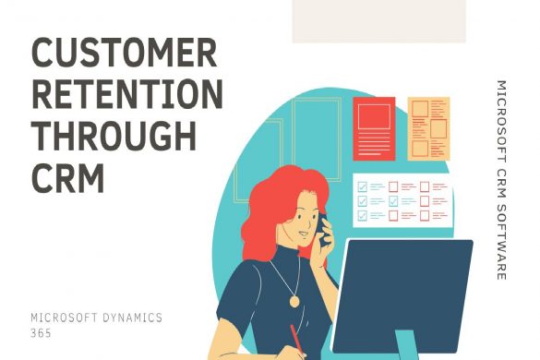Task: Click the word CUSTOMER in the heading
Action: point(125,54)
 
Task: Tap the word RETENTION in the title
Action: point(126,95)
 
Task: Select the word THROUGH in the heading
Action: point(114,136)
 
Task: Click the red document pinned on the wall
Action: point(374,129)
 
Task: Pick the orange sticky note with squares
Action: point(428,127)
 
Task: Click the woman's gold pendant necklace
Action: point(294,300)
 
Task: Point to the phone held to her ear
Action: point(322,226)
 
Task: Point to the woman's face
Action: point(297,226)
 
